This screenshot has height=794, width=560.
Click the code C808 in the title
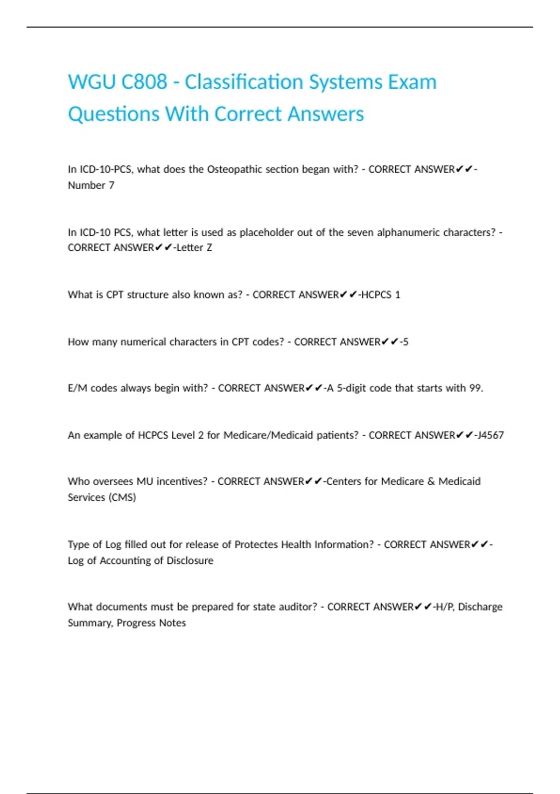tap(144, 82)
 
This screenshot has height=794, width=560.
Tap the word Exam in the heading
tap(412, 82)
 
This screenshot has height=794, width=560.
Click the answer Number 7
tap(91, 185)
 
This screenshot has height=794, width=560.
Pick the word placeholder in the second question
tap(266, 232)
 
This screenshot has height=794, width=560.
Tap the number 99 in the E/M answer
tap(475, 388)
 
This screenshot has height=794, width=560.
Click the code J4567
tap(490, 435)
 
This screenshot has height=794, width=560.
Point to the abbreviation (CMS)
tap(122, 497)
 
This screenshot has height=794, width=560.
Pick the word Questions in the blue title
tap(113, 114)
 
